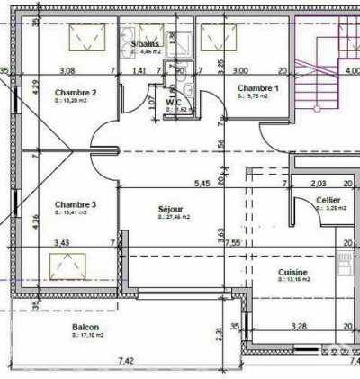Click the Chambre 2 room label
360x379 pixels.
(76, 92)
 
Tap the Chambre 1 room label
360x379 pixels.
(257, 87)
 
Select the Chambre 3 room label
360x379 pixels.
(76, 204)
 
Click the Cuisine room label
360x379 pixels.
(293, 272)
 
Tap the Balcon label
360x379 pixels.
(85, 327)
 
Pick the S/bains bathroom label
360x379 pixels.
(145, 43)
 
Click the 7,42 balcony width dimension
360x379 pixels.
(126, 360)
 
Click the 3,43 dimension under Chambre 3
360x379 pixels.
(62, 242)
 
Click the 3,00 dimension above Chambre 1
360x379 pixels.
(241, 69)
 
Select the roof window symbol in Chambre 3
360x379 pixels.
(68, 265)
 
